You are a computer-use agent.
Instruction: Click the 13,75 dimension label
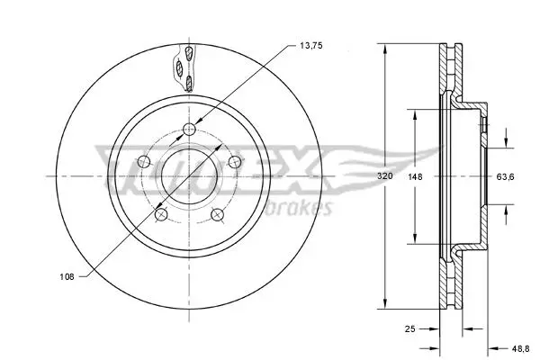click(x=311, y=46)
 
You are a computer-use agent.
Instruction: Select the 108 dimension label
click(x=67, y=276)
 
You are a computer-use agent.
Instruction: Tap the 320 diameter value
click(x=384, y=176)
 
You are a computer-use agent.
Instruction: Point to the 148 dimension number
click(x=415, y=176)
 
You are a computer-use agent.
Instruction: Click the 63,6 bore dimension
click(x=505, y=177)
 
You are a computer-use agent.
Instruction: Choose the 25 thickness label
click(x=409, y=329)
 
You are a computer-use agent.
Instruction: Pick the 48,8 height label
click(x=520, y=348)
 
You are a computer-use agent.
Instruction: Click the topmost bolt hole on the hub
click(x=189, y=130)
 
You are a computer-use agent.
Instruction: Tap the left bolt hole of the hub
click(x=144, y=161)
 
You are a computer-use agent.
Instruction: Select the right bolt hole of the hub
click(x=235, y=162)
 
